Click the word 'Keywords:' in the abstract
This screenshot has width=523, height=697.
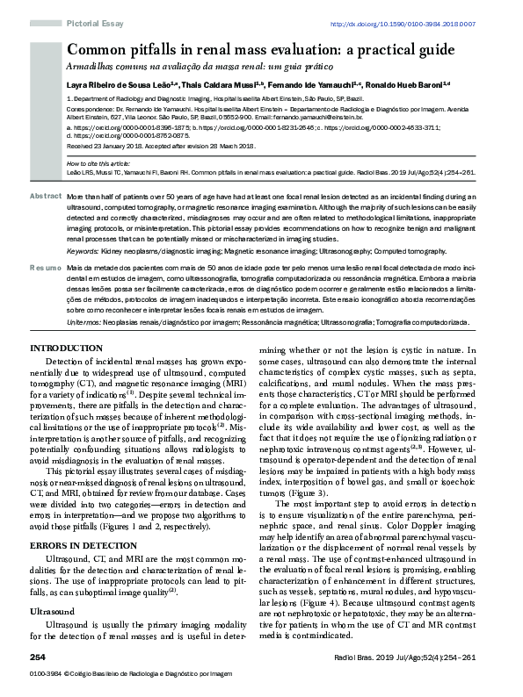83,252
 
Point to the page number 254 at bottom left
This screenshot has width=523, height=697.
38,657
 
